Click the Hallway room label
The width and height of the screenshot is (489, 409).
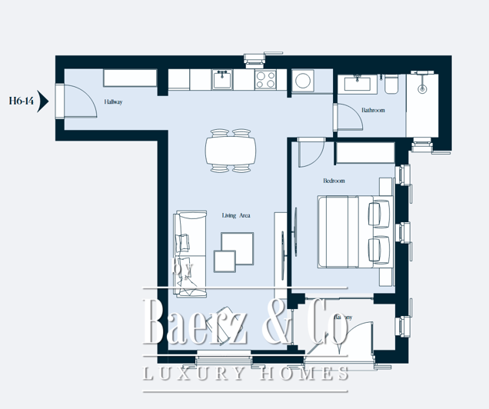[114, 102]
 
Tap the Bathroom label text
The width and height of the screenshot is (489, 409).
[373, 111]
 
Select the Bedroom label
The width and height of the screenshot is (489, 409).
[334, 181]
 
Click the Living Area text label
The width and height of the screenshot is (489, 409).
[236, 215]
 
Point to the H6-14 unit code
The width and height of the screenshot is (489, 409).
[20, 100]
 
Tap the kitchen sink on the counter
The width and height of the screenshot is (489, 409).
[222, 78]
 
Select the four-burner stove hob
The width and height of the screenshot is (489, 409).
[266, 78]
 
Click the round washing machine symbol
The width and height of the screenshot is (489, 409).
[302, 80]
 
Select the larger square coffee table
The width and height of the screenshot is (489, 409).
[238, 247]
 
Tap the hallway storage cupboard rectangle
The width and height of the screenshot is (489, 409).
[130, 78]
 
